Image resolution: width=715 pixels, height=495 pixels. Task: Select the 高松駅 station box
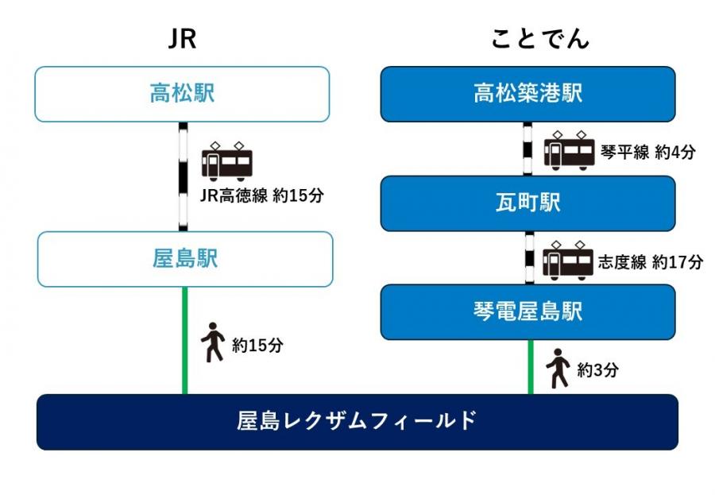[x=182, y=94]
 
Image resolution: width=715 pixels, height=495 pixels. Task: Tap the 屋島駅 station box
[x=184, y=259]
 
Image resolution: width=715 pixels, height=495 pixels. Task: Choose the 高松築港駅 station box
[x=528, y=94]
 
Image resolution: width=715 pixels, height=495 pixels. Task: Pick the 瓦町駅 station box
[x=528, y=203]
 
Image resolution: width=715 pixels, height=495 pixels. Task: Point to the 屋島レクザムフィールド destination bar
[x=357, y=421]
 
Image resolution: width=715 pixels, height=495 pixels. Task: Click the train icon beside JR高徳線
[x=227, y=162]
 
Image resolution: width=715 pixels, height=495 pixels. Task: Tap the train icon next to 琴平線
[x=569, y=149]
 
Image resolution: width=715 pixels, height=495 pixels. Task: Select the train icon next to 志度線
[x=568, y=260]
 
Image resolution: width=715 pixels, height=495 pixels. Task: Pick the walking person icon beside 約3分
[x=558, y=368]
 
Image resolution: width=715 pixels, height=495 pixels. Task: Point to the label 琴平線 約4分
[x=647, y=152]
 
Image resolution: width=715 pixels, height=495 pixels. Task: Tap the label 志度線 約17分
[x=651, y=261]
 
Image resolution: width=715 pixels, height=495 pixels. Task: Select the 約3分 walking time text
[x=597, y=369]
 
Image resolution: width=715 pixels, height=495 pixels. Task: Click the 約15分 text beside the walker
[x=257, y=346]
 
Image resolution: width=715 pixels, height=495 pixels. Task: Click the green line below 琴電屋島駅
[x=530, y=366]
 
